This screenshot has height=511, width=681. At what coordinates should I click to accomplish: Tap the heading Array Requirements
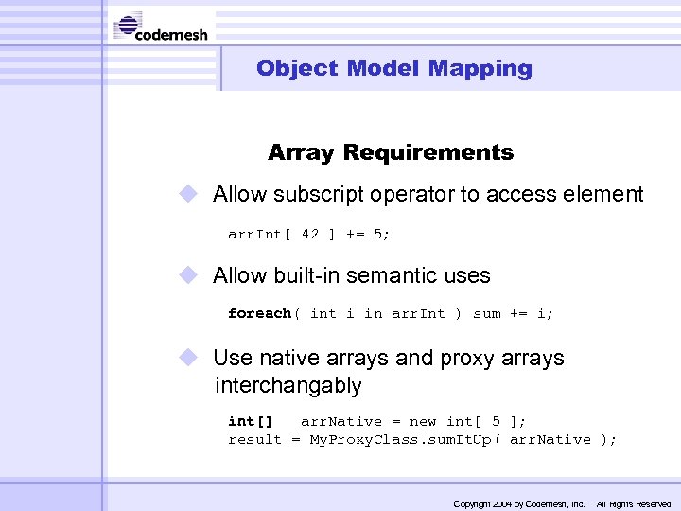coord(391,152)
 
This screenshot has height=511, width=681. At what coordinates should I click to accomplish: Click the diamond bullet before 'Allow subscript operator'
coord(190,194)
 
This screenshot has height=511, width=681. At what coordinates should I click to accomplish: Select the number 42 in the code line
coord(310,234)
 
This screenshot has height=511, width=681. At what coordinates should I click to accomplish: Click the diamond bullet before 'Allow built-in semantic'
coord(190,275)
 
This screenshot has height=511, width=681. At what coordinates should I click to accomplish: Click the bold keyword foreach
coord(260,313)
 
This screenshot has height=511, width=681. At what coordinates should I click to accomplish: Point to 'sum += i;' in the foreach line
coord(514,313)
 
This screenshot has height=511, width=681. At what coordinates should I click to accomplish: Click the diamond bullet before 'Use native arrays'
coord(190,358)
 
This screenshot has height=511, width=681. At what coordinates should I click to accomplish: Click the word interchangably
coord(288,386)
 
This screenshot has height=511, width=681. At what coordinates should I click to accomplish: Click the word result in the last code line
coord(254,439)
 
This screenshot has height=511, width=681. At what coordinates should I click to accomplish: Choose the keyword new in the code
coord(422,421)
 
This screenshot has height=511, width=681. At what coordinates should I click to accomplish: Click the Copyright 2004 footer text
coord(519,503)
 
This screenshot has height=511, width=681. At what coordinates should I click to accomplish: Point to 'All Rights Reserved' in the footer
coord(634,503)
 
